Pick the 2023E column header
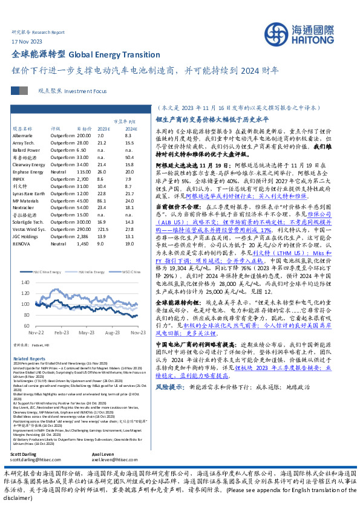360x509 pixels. [x=103, y=129]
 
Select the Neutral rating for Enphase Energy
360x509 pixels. [x=59, y=172]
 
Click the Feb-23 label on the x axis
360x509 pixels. [x=61, y=332]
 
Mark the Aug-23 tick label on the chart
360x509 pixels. [x=112, y=332]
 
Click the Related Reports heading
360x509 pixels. [x=28, y=358]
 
